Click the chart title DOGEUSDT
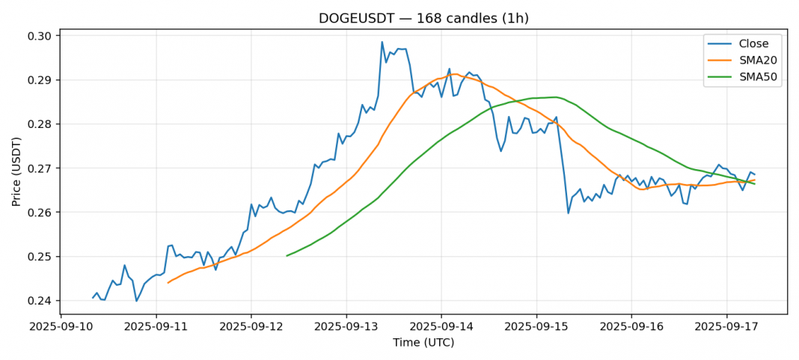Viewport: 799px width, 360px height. pos(423,19)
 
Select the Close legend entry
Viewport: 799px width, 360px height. pos(753,43)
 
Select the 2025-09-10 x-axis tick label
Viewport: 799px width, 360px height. pos(61,327)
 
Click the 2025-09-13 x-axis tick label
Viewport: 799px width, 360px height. pos(346,327)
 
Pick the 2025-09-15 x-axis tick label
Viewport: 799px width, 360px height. pos(536,327)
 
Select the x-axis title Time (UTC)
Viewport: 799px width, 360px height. pos(423,343)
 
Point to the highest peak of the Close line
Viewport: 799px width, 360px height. pos(382,42)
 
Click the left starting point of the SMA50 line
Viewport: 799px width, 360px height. pos(287,256)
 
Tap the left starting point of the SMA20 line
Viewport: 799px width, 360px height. pos(168,283)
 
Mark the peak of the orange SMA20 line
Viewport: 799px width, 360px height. pos(454,74)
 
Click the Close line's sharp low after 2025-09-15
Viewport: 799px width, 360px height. pos(569,213)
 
